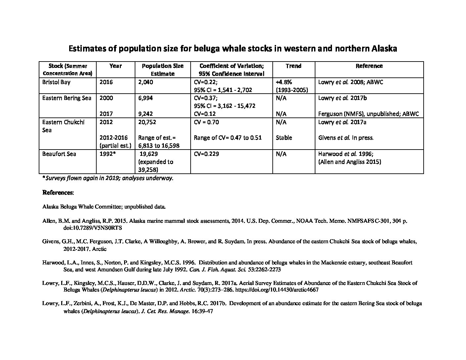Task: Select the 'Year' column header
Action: tap(116, 66)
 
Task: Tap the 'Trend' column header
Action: tap(293, 66)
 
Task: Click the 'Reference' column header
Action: tap(369, 66)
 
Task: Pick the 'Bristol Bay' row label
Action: tap(56, 82)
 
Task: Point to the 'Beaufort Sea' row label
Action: tap(59, 154)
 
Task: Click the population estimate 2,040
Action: tap(146, 82)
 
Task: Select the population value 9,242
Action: tap(146, 114)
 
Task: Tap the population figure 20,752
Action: tap(147, 122)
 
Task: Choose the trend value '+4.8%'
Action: tap(284, 82)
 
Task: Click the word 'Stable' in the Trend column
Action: tap(284, 138)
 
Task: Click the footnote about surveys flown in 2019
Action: tap(108, 178)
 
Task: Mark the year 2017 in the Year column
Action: tap(106, 114)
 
